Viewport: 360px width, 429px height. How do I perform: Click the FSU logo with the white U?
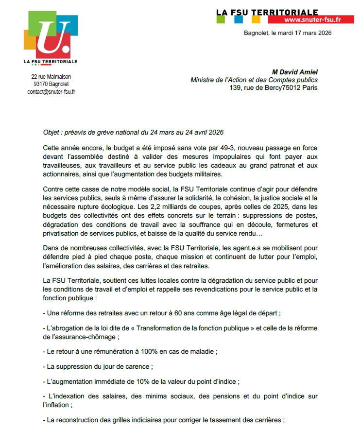click(51, 36)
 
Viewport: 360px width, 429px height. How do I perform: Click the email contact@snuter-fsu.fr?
click(51, 91)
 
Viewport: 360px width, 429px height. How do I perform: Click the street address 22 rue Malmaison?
click(51, 76)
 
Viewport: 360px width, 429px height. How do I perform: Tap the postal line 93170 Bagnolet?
click(51, 84)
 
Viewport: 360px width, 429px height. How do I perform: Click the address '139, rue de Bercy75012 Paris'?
click(274, 88)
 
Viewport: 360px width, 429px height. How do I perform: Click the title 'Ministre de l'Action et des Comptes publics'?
click(254, 80)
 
